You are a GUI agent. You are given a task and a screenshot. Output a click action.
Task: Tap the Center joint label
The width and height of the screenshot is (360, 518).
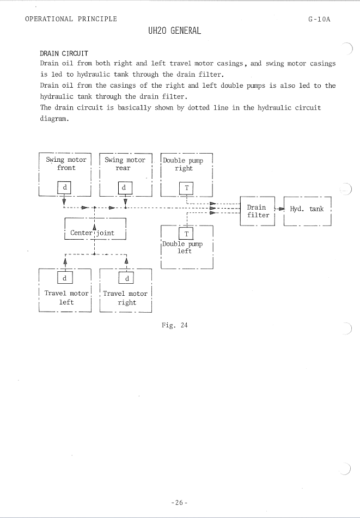92,233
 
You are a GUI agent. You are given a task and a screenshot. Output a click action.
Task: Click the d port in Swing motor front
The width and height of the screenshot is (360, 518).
64,187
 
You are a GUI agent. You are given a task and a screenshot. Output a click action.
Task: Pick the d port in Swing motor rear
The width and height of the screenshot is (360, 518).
125,187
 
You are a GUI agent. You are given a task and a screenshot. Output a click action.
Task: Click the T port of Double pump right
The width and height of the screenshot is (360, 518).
186,188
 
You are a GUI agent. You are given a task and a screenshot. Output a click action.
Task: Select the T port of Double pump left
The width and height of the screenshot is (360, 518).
186,234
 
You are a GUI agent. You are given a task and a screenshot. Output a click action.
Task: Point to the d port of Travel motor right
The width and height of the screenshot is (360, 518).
126,278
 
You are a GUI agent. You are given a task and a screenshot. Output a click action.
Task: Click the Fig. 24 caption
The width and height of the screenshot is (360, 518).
175,325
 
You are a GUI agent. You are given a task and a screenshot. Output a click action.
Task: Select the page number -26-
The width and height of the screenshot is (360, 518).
179,503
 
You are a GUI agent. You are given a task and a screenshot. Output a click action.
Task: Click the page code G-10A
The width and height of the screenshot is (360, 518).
319,19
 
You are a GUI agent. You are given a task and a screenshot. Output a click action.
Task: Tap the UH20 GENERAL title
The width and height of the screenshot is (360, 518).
175,31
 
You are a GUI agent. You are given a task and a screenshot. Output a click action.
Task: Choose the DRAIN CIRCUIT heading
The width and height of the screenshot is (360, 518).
64,53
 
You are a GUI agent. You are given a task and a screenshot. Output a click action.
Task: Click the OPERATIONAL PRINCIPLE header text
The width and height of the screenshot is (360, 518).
71,19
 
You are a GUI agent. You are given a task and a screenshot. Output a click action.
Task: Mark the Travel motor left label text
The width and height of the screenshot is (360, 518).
66,297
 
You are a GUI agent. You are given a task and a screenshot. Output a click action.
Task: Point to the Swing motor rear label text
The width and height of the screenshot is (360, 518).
125,164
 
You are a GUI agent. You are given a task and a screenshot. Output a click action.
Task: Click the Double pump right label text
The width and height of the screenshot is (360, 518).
183,164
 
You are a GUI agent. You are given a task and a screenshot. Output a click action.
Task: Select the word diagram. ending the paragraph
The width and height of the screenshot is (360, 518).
54,119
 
